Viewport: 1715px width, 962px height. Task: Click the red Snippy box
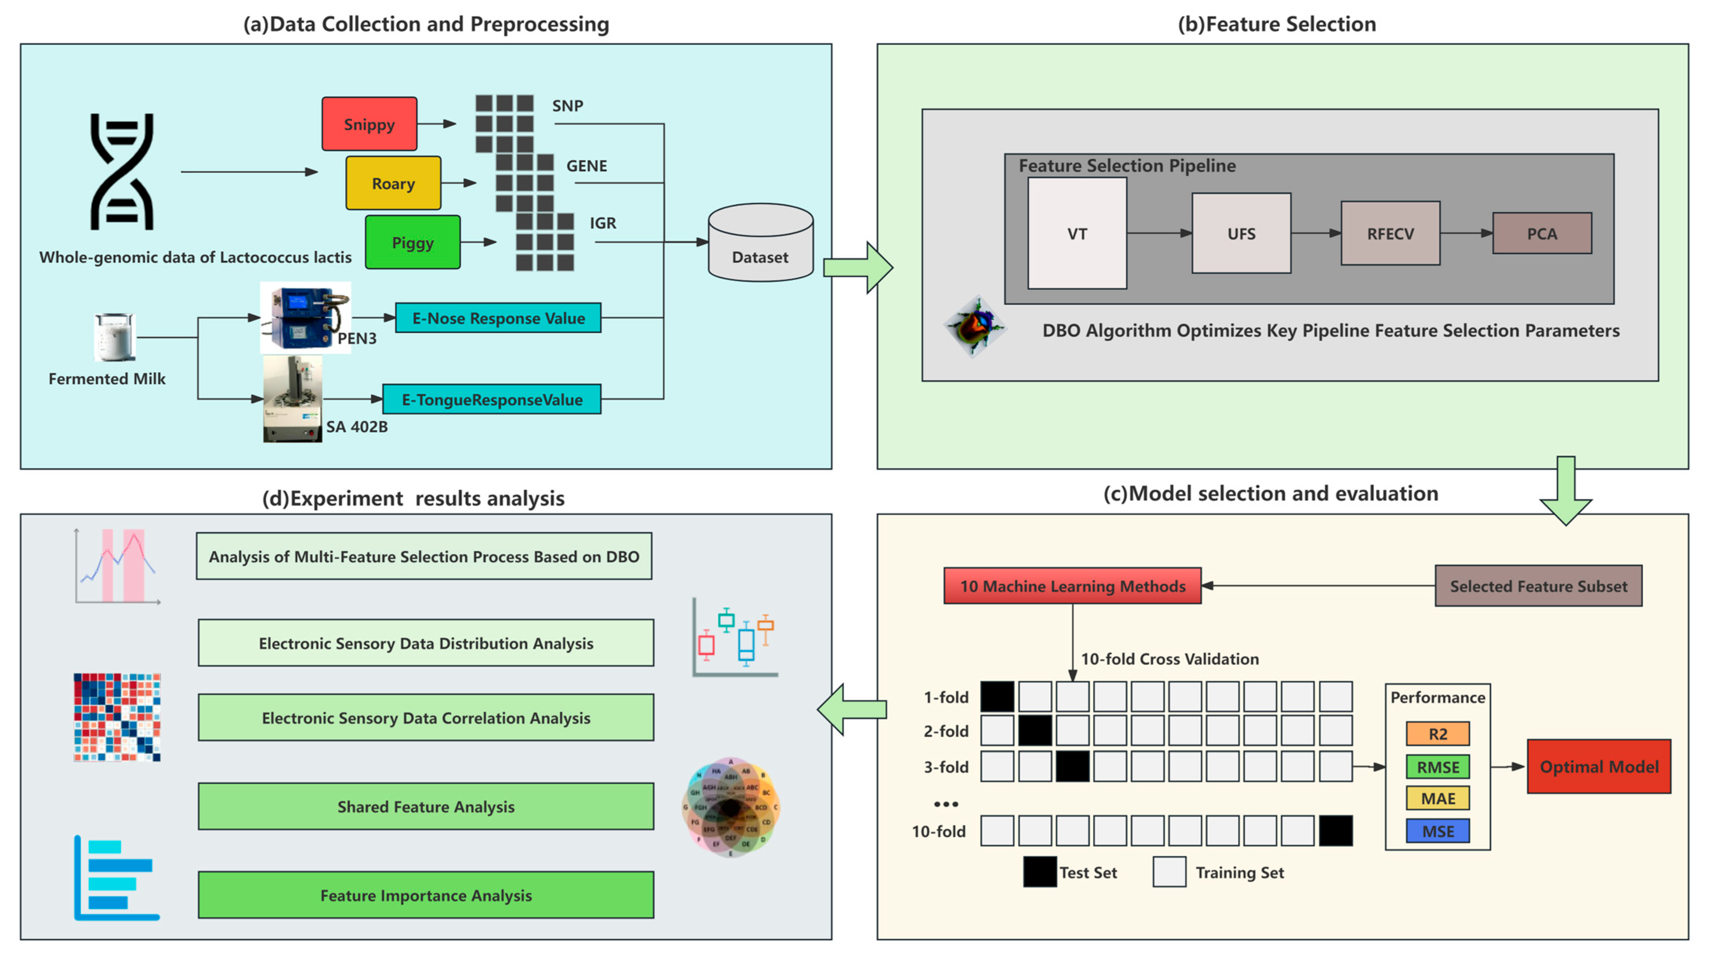[x=369, y=124]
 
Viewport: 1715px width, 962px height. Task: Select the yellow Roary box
[x=393, y=183]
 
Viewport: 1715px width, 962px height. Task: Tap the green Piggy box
[x=412, y=242]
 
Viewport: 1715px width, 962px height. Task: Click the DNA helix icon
[x=122, y=172]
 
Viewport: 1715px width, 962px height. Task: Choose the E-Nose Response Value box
[x=498, y=318]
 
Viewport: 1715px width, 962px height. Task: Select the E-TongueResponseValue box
[x=491, y=400]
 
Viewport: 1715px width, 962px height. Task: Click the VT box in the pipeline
[x=1077, y=234]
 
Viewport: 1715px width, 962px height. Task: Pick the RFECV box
[x=1390, y=234]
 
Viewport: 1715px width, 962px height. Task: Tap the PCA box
[x=1541, y=234]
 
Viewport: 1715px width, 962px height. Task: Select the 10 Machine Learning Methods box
[x=1072, y=586]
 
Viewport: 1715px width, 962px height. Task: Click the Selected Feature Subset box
[x=1538, y=586]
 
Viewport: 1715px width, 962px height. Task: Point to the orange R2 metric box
[x=1437, y=734]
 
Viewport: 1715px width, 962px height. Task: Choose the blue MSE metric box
[x=1437, y=831]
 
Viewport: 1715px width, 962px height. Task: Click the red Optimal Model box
[x=1599, y=766]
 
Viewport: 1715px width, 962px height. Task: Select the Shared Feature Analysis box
[x=425, y=806]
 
